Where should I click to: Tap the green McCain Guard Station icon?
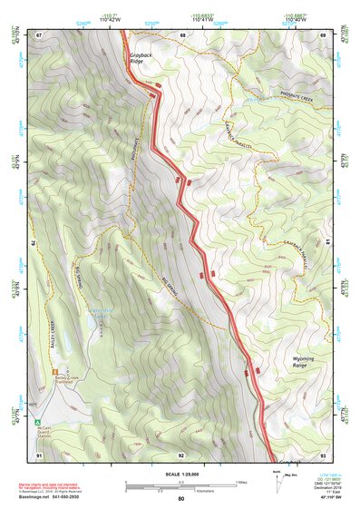coord(37,423)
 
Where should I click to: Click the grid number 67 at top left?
coord(40,35)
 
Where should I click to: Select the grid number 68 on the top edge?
coord(182,35)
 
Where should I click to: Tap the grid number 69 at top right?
coord(323,35)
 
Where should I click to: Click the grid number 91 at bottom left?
coord(40,454)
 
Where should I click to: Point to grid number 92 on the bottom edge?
coord(181,455)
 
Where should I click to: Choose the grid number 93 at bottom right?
coord(323,454)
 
